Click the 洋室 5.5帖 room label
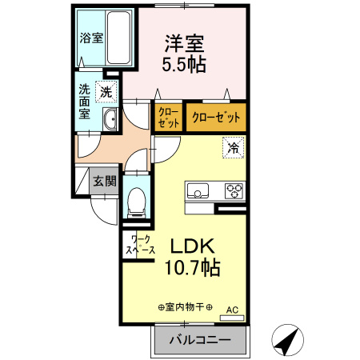(x=184, y=54)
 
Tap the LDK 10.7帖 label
(x=192, y=257)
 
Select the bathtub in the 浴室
(x=119, y=38)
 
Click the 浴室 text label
(x=91, y=38)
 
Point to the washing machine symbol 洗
(x=106, y=92)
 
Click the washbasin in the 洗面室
(x=110, y=119)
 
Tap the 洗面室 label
(x=84, y=102)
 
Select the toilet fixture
(x=137, y=202)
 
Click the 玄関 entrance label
(x=105, y=182)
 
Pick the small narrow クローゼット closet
(x=169, y=118)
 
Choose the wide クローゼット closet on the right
(x=216, y=118)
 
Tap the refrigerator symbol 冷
(x=234, y=147)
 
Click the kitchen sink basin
(x=198, y=190)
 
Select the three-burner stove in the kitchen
(x=234, y=190)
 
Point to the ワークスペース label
(x=141, y=245)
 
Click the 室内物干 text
(x=186, y=307)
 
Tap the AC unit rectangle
(x=232, y=318)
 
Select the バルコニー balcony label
(x=200, y=340)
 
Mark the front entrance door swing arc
(x=98, y=215)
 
